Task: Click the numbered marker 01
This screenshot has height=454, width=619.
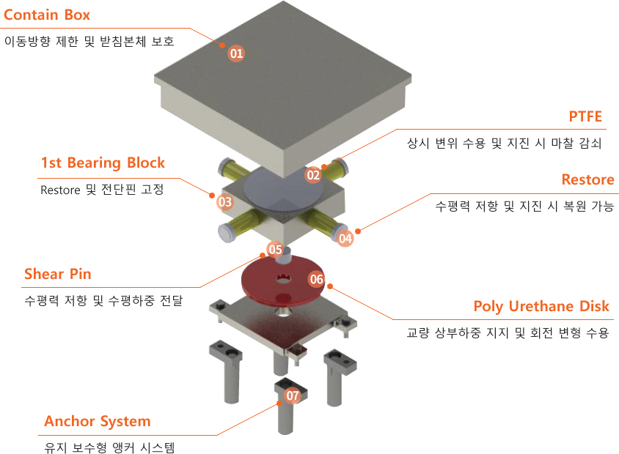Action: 236,53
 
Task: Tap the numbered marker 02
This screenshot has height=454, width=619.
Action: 314,174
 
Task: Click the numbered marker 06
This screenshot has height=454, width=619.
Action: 316,279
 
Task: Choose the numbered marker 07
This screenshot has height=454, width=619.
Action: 293,396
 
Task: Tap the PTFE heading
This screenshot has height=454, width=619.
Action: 585,118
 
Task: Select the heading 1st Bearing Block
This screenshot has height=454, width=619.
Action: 103,163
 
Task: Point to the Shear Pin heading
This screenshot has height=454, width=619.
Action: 58,274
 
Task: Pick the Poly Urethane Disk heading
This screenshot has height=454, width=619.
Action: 541,306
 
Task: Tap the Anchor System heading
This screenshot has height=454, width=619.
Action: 97,421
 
